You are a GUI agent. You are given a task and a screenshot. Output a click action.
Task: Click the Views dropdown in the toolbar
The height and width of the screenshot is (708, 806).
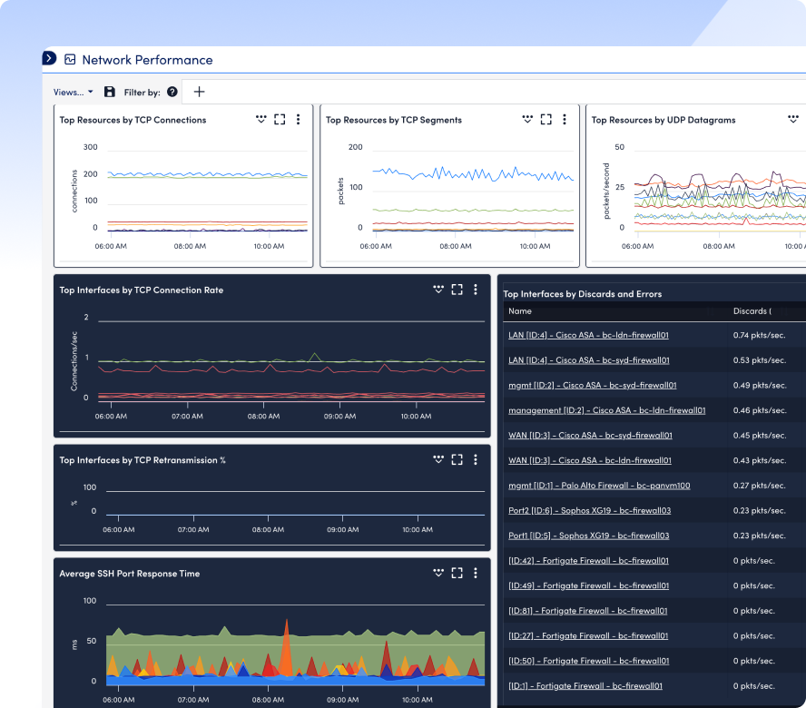point(73,92)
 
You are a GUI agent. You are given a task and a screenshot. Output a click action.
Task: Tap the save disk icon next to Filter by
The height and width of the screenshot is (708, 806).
point(110,92)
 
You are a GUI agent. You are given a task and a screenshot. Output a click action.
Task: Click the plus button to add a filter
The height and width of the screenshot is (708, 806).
point(199,92)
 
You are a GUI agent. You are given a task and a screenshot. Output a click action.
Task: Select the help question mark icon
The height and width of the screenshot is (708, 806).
point(172,92)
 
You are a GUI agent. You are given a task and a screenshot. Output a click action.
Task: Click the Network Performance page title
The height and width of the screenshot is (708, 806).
point(148,60)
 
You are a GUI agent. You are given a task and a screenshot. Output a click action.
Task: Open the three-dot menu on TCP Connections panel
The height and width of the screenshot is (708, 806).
point(298,119)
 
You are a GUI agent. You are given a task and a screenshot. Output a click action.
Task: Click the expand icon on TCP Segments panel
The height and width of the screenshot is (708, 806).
point(546,119)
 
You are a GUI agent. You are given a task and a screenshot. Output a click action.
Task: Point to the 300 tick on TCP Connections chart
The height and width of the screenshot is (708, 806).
point(91,147)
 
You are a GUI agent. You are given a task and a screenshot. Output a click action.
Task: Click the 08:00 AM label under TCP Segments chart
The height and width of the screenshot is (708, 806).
point(456,246)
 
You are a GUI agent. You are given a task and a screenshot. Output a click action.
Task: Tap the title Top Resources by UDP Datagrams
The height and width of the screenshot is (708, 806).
point(663,120)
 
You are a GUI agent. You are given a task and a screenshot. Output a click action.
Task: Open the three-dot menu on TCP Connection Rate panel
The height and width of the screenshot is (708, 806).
point(476,290)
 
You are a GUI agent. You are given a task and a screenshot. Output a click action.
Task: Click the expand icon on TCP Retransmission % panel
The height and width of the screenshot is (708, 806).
point(457,459)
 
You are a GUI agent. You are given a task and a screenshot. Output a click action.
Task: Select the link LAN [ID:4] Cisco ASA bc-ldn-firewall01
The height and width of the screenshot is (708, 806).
point(588,335)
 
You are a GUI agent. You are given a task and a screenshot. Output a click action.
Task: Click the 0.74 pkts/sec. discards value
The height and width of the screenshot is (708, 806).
point(759,335)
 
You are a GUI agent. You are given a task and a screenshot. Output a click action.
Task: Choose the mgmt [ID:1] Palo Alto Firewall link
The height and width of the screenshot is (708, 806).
point(599,486)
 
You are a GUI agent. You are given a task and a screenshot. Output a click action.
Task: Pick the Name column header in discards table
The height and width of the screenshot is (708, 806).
point(520,311)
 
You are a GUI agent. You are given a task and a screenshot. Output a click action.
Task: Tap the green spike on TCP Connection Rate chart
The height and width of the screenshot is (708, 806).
point(314,357)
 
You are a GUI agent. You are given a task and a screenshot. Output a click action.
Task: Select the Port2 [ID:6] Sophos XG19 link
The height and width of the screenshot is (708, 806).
point(589,510)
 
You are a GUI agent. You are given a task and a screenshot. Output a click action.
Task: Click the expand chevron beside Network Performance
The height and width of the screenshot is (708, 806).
point(49,58)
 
